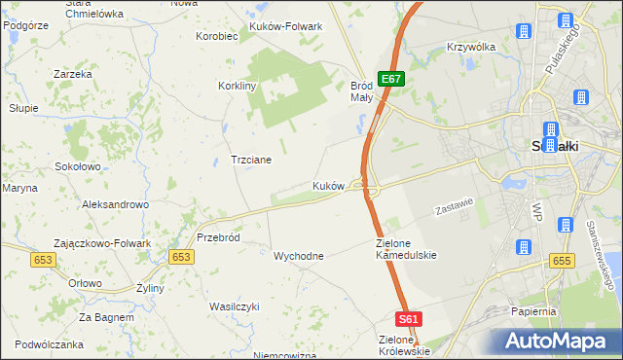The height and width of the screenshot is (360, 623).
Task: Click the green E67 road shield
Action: point(390,79)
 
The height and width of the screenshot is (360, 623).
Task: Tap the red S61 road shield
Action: point(410,318)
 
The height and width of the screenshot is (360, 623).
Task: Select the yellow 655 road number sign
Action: point(560,261)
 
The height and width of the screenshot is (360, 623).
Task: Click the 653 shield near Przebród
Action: point(180,256)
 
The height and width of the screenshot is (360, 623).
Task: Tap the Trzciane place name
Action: point(250,159)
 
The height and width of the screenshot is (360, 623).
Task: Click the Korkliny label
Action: point(238,86)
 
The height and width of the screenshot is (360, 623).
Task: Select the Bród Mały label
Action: point(361,91)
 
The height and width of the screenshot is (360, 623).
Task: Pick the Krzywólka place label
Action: point(471,47)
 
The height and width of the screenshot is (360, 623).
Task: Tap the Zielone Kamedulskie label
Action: point(407,248)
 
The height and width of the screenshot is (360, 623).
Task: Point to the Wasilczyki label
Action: point(235,306)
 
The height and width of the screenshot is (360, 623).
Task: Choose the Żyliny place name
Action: point(150,288)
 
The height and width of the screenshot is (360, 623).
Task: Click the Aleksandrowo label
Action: point(115,204)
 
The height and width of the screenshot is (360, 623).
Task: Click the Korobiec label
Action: point(217,36)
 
